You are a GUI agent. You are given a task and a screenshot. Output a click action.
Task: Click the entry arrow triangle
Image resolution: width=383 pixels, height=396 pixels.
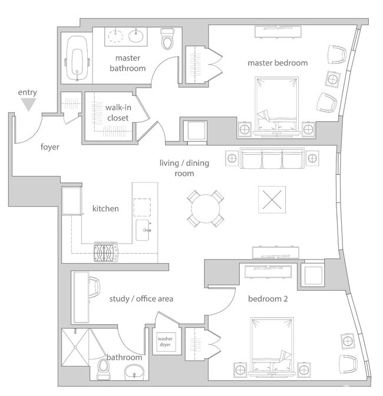(28, 104)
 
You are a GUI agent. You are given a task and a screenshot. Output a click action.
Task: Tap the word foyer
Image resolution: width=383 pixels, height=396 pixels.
(50, 147)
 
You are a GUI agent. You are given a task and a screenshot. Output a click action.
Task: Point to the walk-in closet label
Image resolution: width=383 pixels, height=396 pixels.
(118, 112)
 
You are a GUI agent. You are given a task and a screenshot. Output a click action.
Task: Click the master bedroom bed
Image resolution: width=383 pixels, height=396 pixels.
(277, 106)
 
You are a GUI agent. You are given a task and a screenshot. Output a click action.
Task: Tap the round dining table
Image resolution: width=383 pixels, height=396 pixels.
(206, 209)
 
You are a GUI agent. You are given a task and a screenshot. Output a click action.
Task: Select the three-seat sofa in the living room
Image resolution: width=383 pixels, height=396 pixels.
(272, 158)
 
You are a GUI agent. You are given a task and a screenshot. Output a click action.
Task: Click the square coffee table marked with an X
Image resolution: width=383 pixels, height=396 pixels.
(272, 200)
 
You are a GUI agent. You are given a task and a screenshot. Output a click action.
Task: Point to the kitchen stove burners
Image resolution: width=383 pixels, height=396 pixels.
(106, 252)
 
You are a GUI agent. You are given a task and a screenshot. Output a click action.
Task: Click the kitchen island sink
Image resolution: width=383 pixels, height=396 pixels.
(143, 230)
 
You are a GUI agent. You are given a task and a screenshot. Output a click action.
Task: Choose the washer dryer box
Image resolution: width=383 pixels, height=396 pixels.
(166, 342)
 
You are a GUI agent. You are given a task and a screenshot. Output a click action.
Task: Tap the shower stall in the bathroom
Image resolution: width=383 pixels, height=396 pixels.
(75, 347)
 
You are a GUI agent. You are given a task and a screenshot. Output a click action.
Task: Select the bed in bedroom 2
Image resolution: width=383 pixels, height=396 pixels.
(272, 347)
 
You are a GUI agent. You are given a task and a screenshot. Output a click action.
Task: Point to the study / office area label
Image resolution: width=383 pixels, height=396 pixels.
(141, 299)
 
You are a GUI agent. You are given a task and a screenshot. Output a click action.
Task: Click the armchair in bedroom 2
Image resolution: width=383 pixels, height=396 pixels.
(348, 364)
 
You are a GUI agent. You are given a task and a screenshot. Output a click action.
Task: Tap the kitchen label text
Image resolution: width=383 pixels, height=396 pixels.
(105, 209)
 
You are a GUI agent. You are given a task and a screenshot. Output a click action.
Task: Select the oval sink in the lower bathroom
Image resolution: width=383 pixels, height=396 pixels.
(134, 372)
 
